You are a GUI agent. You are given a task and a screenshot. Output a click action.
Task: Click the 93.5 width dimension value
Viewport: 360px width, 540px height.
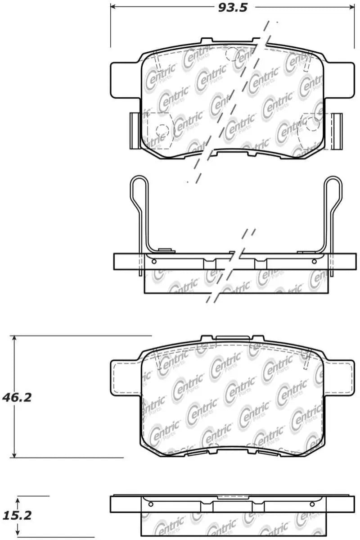(x=233, y=8)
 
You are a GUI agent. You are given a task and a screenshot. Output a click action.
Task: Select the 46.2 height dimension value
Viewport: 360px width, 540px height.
(x=17, y=397)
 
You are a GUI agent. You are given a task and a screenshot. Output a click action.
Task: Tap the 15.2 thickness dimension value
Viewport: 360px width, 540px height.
(x=17, y=515)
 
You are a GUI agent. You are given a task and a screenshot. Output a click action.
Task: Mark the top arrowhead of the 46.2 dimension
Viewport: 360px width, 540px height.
(x=14, y=339)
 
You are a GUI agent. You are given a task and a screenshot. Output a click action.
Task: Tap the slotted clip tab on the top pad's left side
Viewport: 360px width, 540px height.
(x=135, y=131)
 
